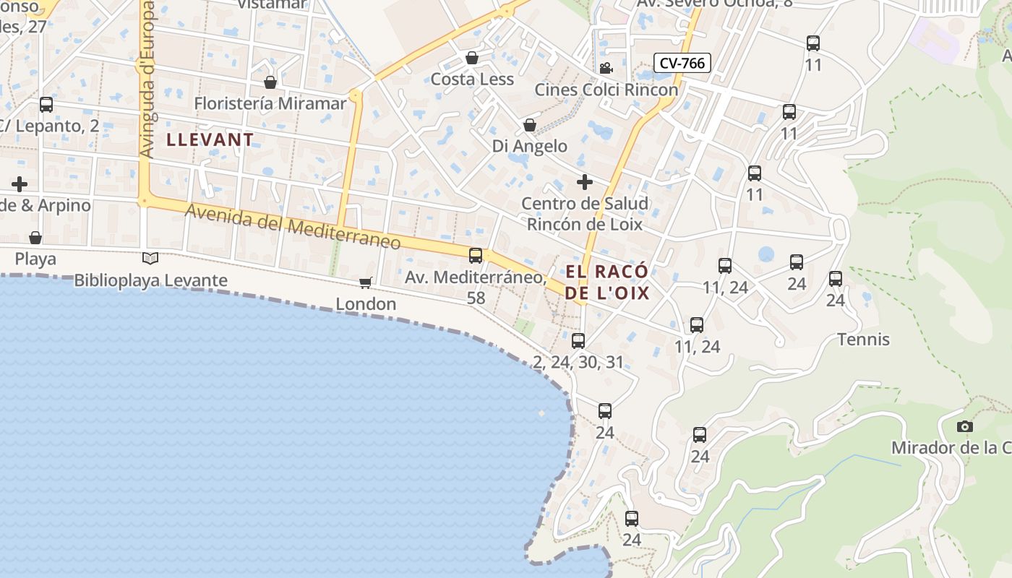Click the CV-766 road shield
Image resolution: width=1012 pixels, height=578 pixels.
pos(682,64)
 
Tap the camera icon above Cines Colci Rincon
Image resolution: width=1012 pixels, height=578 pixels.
pos(606,68)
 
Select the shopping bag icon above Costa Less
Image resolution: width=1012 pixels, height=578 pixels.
pos(472,57)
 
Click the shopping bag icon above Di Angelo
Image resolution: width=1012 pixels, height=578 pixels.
pos(530,125)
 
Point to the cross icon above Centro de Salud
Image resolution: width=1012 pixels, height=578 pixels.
pos(584,181)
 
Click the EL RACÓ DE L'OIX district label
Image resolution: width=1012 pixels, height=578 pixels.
pos(607,282)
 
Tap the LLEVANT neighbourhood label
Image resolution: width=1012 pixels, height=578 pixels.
pos(210,139)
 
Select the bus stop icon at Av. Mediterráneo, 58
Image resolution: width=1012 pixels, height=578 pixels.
pos(476,255)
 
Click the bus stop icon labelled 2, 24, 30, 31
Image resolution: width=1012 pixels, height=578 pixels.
pos(578,340)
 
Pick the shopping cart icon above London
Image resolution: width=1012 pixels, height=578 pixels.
pos(366,282)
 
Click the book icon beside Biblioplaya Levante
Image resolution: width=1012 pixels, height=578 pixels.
pos(150,258)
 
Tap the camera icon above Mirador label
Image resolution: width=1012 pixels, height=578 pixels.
pos(964,426)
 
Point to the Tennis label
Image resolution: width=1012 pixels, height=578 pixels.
pos(863,339)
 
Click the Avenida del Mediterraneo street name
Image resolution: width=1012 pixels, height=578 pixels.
pos(293,227)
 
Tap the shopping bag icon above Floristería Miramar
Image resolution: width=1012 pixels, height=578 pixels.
pos(270,82)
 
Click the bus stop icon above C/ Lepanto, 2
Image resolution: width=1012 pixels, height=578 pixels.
pos(46,105)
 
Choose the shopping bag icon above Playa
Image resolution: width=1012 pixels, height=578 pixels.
pos(35,237)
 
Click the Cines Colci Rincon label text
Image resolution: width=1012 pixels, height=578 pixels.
pos(606,90)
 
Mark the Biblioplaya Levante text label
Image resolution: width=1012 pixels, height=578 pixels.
pos(150,280)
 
